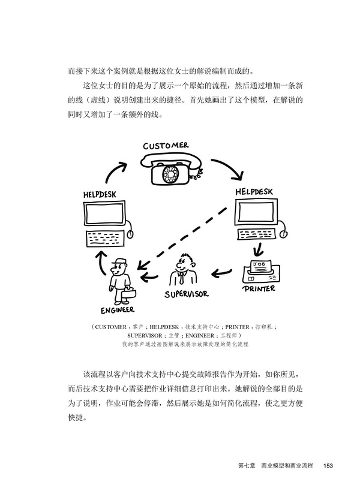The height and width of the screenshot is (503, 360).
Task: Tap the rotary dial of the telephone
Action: pos(166,174)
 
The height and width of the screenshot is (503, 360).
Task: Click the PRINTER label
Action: pos(259,288)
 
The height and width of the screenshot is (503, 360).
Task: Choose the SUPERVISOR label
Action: pos(187,294)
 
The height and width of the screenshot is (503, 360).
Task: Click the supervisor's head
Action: pos(186,262)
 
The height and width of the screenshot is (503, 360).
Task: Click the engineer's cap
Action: pos(119,261)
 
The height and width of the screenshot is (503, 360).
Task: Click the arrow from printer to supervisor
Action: pos(221,273)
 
